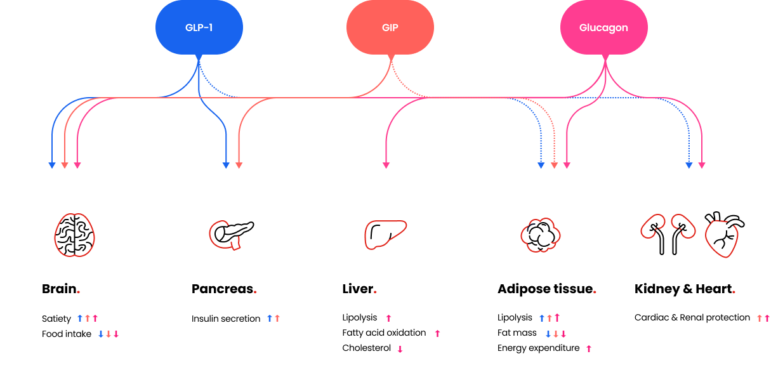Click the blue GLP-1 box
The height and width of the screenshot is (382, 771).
199,28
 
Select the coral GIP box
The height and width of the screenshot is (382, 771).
390,28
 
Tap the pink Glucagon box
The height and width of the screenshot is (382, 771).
603,28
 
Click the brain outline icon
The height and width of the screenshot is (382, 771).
74,235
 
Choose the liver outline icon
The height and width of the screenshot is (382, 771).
385,234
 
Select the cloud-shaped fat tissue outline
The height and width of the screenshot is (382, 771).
541,235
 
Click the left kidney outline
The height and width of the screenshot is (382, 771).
652,226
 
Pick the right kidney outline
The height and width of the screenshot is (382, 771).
683,225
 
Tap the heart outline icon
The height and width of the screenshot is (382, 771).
722,239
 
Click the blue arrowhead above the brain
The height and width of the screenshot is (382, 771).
52,166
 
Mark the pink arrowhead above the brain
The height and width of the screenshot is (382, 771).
77,166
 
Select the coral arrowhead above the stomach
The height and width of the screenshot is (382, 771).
239,166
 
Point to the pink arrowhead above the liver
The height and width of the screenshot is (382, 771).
386,166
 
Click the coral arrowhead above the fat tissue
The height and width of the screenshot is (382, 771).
554,166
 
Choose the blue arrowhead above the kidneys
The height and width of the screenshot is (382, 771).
689,166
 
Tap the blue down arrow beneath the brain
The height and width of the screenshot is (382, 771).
101,334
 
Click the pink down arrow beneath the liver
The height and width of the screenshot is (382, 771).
400,349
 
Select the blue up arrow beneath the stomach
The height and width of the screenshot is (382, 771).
270,318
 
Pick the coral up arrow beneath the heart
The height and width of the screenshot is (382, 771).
759,318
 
